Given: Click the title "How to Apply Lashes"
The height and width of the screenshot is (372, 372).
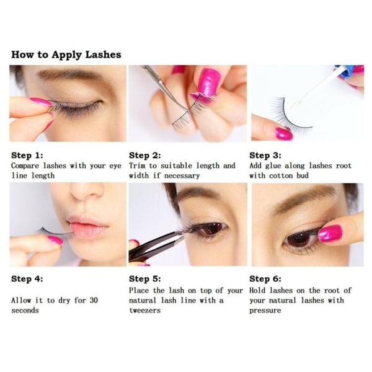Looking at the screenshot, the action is point(66,55).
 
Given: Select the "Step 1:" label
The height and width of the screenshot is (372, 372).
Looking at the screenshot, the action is point(27,156).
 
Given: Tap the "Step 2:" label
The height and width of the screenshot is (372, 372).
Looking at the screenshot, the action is point(144,156).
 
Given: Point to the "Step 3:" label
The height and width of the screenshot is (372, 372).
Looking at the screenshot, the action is point(265,156).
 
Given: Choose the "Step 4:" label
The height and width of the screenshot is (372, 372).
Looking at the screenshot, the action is point(27,278).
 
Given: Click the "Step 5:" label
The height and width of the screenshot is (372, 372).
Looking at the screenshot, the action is point(144,278).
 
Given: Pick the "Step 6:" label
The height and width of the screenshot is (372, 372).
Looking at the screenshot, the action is point(265,278).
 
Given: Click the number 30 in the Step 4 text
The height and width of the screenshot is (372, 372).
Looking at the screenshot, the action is point(94,300).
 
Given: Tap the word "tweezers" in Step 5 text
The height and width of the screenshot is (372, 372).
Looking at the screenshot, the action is point(144,311).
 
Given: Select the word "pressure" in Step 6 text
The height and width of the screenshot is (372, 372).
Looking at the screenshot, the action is point(265,311).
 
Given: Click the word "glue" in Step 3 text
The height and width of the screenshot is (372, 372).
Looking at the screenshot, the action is point(273,166).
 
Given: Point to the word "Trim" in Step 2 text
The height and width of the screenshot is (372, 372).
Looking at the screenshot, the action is point(137,166).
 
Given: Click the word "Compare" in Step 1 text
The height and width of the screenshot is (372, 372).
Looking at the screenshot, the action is point(25,166).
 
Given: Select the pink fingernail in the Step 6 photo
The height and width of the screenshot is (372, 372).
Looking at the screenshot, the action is point(330,234).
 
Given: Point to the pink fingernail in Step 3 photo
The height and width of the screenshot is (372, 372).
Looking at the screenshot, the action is point(284,134).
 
